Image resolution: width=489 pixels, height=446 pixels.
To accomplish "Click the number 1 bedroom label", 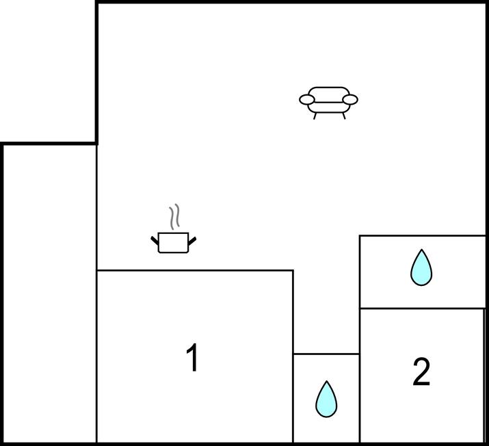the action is point(192,358).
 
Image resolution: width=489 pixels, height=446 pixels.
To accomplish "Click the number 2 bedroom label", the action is point(421,371).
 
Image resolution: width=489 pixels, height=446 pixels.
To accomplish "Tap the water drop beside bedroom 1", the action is point(326,399).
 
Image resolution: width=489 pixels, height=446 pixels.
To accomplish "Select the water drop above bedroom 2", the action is point(421,267).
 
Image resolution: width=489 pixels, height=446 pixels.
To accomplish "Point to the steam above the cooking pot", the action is point(174,217).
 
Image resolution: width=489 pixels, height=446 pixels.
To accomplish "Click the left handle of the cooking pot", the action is point(155,241).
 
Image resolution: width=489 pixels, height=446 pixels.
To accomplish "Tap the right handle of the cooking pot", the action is point(192,241).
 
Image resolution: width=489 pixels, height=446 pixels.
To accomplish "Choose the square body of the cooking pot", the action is point(174,243).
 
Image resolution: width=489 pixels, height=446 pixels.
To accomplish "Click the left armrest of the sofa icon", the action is point(307,100).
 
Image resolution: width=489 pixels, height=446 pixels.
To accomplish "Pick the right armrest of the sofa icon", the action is point(350,100).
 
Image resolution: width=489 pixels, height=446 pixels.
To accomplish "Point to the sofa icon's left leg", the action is point(315,116).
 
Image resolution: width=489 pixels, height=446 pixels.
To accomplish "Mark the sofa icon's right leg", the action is point(344,116).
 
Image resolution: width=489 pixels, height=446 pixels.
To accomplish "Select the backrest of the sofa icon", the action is point(329,94).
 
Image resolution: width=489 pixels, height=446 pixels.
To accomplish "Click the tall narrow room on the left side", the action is point(50,293).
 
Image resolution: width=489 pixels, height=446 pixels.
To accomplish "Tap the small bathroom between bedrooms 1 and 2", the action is point(326,398).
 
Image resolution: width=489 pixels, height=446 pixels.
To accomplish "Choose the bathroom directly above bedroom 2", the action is point(423,272).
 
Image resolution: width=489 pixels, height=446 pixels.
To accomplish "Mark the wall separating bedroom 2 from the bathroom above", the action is point(423,309).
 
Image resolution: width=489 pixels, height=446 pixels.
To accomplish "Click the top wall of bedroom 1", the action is point(195,270).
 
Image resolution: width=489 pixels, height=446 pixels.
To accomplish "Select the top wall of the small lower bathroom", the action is point(326,354).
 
